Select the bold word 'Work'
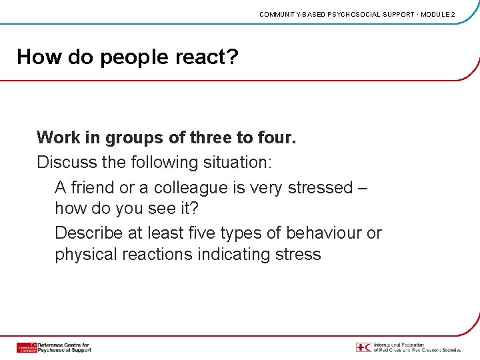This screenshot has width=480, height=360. [58, 138]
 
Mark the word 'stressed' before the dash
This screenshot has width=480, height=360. [319, 187]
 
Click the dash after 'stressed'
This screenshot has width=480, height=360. [362, 188]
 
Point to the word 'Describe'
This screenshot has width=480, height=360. [88, 233]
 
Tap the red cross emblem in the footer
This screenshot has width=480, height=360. [363, 347]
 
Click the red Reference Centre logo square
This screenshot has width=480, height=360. [27, 347]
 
